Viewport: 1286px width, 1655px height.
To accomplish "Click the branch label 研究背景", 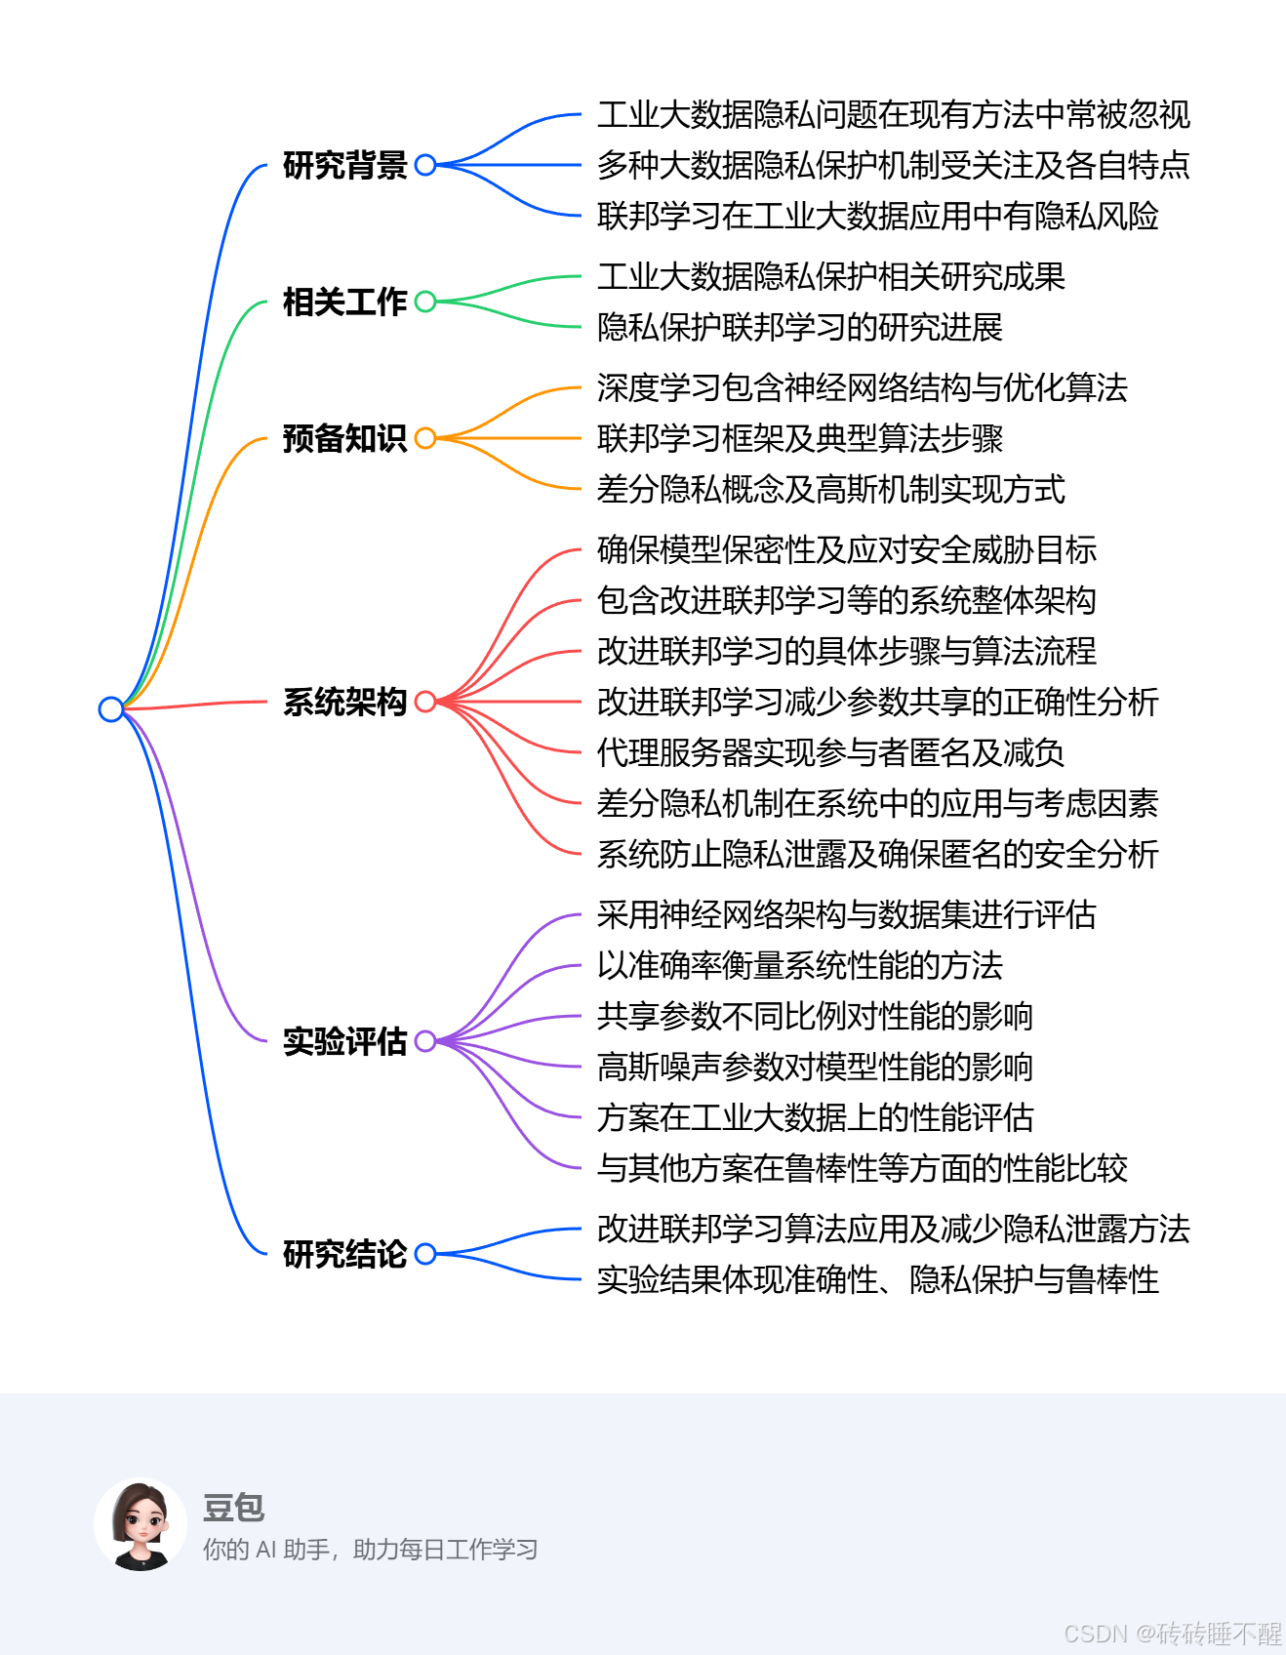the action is pyautogui.click(x=344, y=165).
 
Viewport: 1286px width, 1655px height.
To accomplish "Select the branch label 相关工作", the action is pyautogui.click(x=344, y=302).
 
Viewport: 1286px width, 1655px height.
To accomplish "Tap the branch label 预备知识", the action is pyautogui.click(x=344, y=438).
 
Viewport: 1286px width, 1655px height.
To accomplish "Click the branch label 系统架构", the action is pyautogui.click(x=344, y=702).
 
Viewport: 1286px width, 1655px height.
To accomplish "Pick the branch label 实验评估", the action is pyautogui.click(x=344, y=1041).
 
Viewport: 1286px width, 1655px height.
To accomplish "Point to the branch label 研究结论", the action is pyautogui.click(x=344, y=1254).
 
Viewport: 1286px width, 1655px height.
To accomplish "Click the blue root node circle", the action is pyautogui.click(x=111, y=709).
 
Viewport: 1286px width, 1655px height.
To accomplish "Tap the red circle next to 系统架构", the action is pyautogui.click(x=425, y=702).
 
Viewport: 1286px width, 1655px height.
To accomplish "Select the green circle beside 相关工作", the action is pyautogui.click(x=425, y=302).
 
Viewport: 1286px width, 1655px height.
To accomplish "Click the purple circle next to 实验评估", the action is pyautogui.click(x=425, y=1041).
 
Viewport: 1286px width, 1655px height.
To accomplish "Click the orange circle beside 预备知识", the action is pyautogui.click(x=425, y=438).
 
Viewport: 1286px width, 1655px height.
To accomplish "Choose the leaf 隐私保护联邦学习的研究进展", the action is pyautogui.click(x=800, y=327).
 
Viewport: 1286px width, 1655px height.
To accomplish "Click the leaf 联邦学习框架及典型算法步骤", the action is pyautogui.click(x=800, y=438).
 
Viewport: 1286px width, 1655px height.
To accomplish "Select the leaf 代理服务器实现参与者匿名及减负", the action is pyautogui.click(x=830, y=752).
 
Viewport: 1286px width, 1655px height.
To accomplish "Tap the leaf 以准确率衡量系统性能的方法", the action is pyautogui.click(x=800, y=965).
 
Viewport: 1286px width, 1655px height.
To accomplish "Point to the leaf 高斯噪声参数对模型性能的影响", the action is pyautogui.click(x=815, y=1067).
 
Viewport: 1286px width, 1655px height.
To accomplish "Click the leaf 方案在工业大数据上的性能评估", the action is pyautogui.click(x=815, y=1117).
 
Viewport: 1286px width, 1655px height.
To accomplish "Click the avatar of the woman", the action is pyautogui.click(x=141, y=1524).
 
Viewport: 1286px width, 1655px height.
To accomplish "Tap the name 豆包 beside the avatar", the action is pyautogui.click(x=234, y=1508).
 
